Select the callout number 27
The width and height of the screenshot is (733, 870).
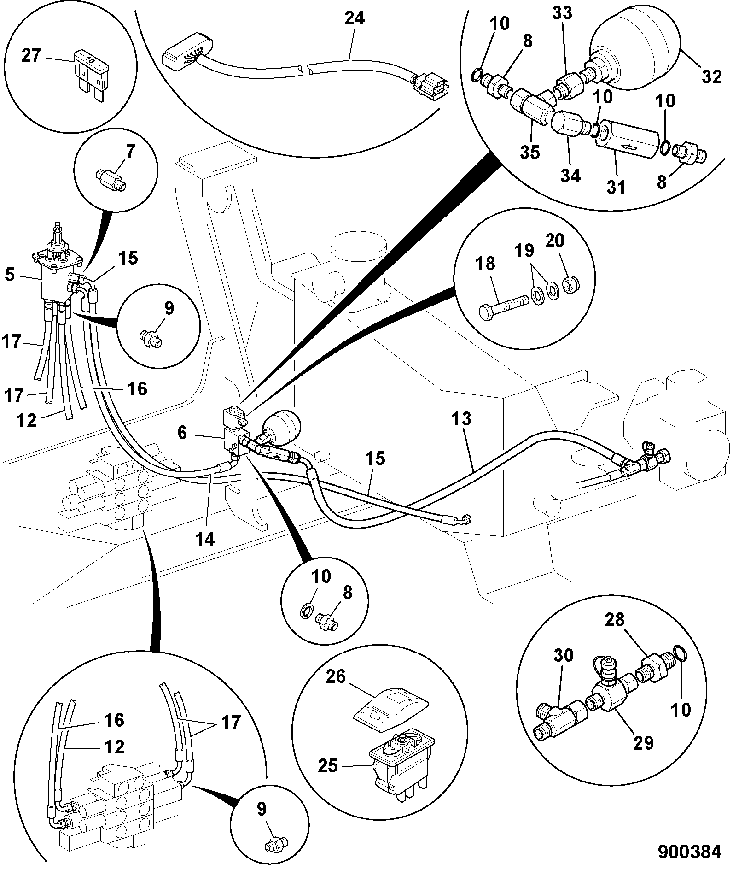pos(32,56)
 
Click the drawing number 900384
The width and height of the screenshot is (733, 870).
pos(689,852)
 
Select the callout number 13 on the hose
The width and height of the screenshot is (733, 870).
pos(462,419)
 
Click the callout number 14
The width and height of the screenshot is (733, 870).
pos(205,539)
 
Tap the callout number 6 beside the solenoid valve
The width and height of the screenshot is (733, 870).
pos(182,433)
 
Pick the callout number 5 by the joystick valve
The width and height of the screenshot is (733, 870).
pos(10,275)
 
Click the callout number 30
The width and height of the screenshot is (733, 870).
pos(562,655)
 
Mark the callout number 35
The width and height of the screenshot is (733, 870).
pos(530,152)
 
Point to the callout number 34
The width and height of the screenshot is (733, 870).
pos(570,176)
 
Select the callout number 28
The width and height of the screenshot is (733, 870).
pos(614,620)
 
